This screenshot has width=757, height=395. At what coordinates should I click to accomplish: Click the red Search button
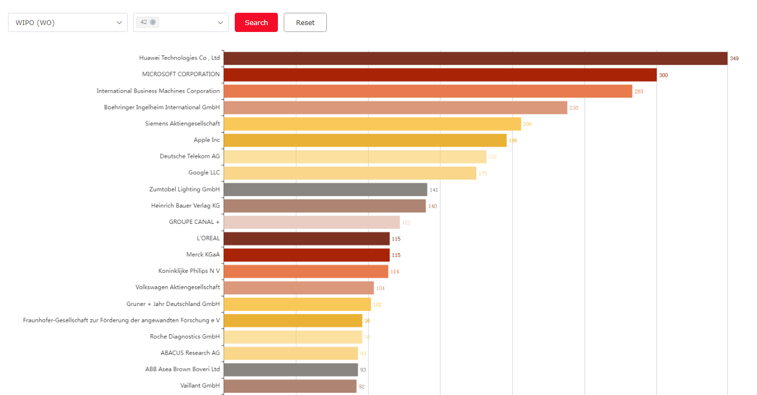point(256,22)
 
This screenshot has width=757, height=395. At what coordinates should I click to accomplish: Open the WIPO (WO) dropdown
point(68,22)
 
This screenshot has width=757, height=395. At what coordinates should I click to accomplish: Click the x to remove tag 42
point(153,22)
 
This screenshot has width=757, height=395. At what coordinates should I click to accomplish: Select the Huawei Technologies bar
point(475,58)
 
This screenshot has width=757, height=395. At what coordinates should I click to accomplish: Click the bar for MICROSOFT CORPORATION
point(440,75)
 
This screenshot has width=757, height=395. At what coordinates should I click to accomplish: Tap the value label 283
point(639,92)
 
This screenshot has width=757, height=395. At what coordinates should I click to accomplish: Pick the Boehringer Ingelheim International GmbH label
point(162,107)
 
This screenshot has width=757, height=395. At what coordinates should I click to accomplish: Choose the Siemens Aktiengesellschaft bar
point(372,124)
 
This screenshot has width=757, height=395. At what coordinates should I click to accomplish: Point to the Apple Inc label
point(207,140)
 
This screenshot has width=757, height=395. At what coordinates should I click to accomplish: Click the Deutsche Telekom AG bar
point(355,157)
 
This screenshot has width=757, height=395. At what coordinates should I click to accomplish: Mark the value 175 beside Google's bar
point(483,173)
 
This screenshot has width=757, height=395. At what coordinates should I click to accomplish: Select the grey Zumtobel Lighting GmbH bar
point(325,190)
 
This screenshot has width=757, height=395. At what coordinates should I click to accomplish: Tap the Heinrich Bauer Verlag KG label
point(185,206)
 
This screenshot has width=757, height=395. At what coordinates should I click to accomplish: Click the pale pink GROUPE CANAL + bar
point(311,222)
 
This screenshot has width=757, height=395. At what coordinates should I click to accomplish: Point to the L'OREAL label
point(208,238)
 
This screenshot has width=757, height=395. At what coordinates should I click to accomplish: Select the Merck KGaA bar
point(306,255)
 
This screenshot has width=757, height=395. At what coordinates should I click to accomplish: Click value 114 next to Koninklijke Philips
point(394,272)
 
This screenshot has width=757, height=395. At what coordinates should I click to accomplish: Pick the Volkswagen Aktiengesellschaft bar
point(299,288)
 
